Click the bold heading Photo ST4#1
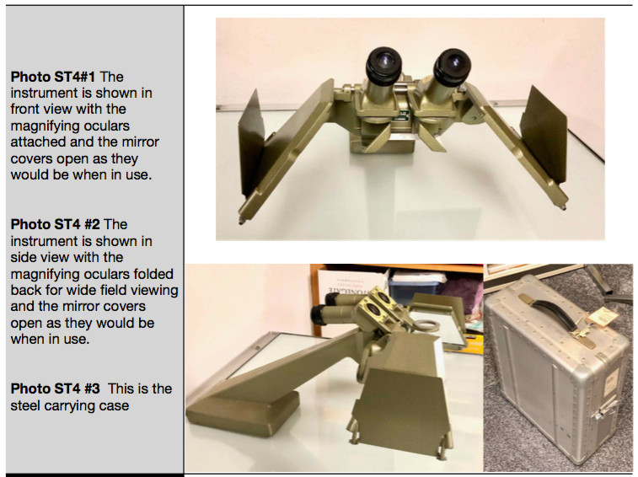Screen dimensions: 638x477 click(52, 77)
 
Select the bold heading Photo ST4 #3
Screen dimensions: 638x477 click(55, 389)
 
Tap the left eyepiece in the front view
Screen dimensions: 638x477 click(383, 65)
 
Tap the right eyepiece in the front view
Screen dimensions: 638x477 click(452, 67)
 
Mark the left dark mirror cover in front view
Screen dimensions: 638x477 click(251, 144)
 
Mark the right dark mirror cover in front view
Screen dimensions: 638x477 click(544, 133)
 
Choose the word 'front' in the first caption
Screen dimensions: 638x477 click(27, 109)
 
